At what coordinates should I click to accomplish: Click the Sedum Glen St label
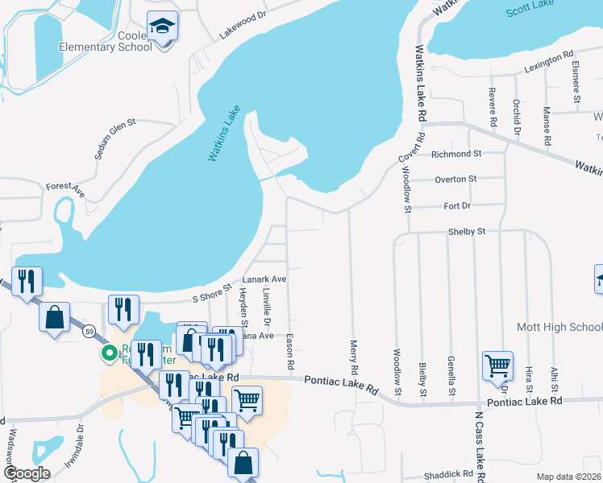(x=115, y=139)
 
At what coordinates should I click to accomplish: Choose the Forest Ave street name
(x=65, y=189)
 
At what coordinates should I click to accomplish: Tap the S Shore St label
(x=212, y=291)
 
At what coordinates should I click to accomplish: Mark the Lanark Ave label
(x=267, y=279)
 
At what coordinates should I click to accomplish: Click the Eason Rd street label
(x=289, y=353)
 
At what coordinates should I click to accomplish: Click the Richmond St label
(x=456, y=153)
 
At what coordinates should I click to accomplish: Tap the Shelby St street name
(x=467, y=232)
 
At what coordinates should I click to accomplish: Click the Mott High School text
(x=559, y=327)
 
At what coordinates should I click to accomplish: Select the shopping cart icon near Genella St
(x=497, y=366)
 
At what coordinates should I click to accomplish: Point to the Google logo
(x=27, y=473)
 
